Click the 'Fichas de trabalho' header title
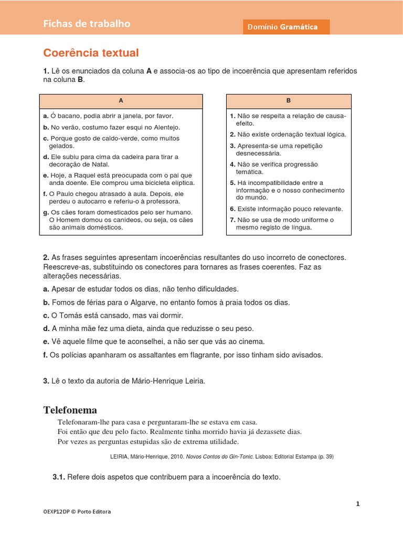[87, 24]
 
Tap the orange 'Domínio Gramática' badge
[286, 27]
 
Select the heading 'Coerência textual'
[91, 53]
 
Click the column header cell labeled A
[121, 101]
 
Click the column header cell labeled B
[289, 101]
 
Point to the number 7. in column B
[232, 220]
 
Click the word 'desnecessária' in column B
[258, 153]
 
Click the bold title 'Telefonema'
[70, 410]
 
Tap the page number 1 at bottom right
[358, 504]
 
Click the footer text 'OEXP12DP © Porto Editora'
[77, 511]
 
